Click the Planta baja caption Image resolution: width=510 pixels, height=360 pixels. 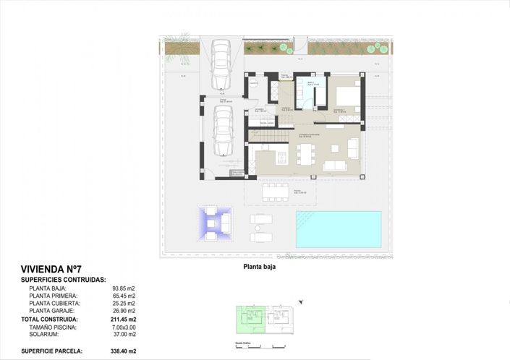pyautogui.click(x=260, y=266)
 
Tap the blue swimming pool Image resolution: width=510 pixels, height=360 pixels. pyautogui.click(x=338, y=229)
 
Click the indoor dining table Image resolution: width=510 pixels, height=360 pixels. pyautogui.click(x=305, y=154)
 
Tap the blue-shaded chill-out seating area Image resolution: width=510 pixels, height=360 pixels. pyautogui.click(x=214, y=225)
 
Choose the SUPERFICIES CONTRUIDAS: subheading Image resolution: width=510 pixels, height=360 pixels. pyautogui.click(x=64, y=279)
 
